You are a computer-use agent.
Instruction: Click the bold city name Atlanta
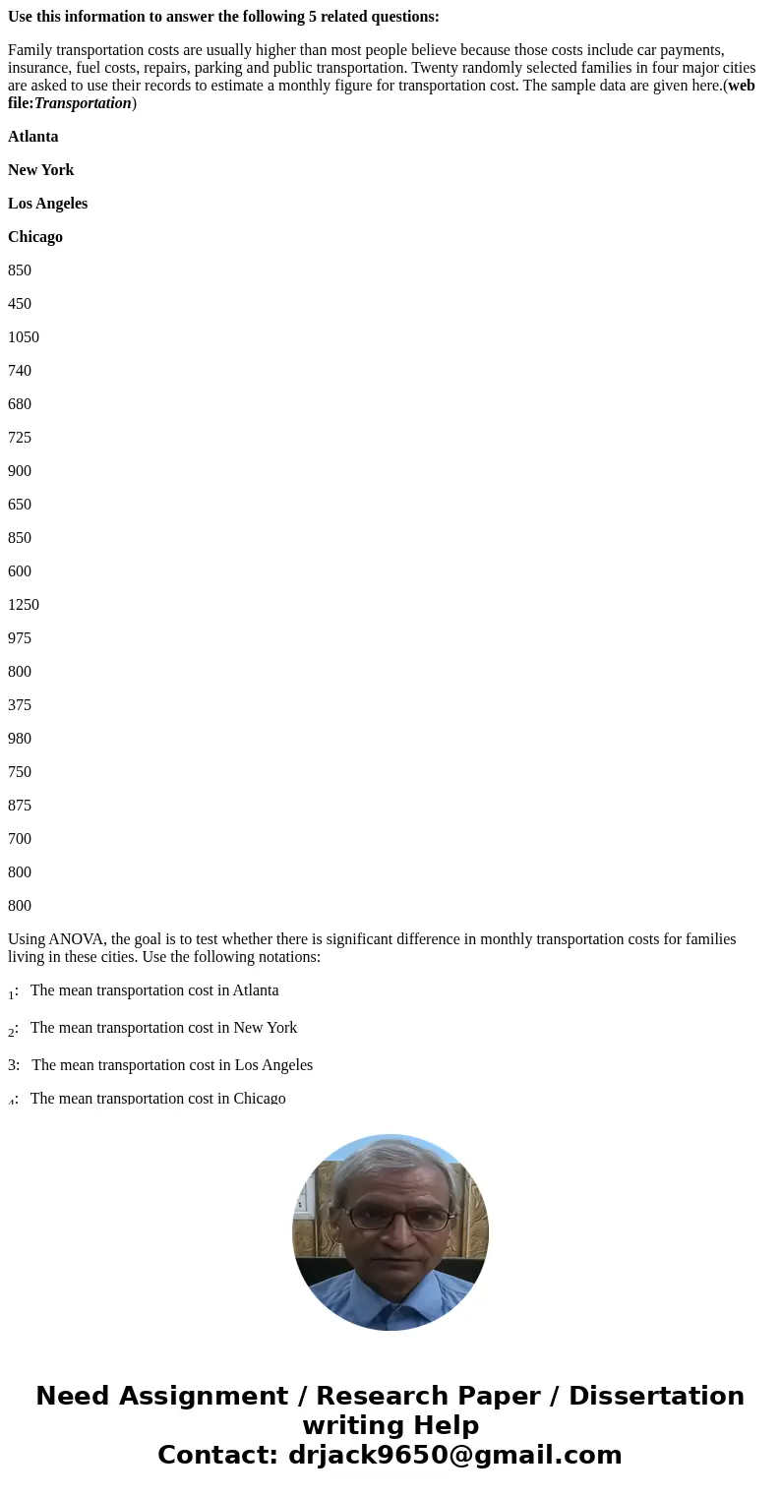(x=32, y=137)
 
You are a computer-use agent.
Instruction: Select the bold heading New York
(x=40, y=170)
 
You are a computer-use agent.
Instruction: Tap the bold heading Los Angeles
(x=47, y=204)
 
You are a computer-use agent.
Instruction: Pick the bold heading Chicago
(x=35, y=237)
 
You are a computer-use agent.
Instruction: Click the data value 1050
(x=24, y=337)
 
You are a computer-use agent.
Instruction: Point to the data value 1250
(x=24, y=605)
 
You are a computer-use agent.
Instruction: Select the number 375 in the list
(x=20, y=705)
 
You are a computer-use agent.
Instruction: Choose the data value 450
(x=20, y=304)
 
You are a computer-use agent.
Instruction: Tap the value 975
(x=20, y=638)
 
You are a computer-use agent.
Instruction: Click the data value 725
(x=20, y=438)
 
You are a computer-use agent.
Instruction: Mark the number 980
(x=20, y=739)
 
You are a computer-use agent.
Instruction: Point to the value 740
(x=20, y=371)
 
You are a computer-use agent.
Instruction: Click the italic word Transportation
(x=83, y=103)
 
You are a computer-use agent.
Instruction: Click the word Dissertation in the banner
(x=656, y=1396)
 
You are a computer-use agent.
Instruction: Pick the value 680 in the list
(x=20, y=404)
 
